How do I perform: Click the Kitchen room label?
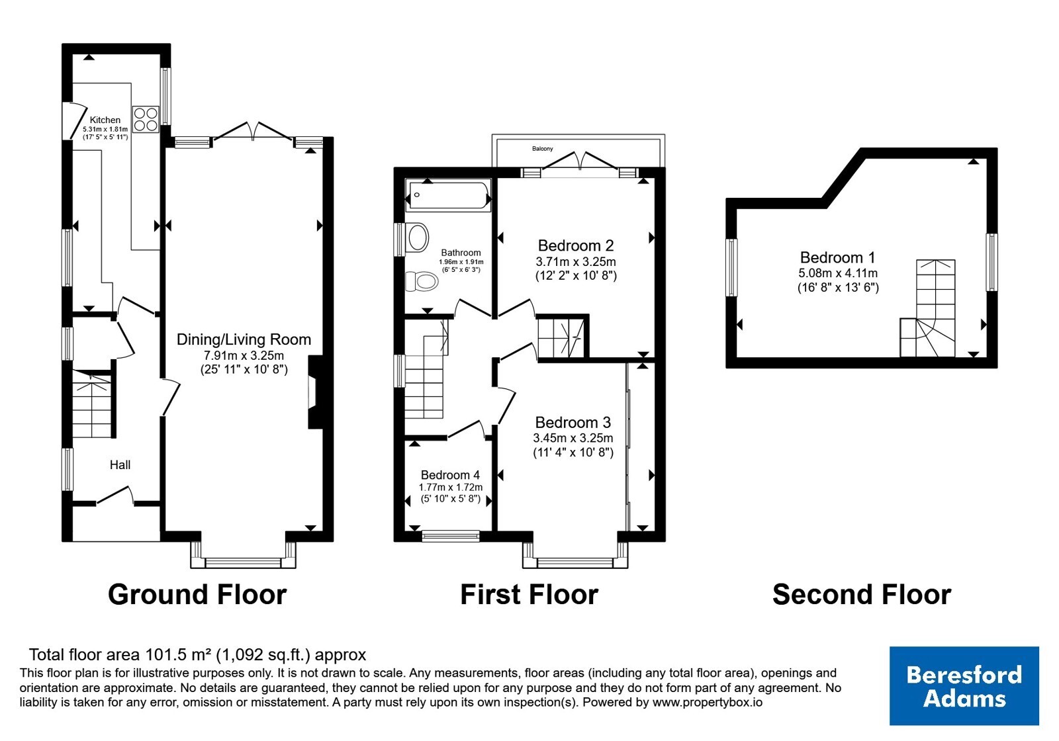pyautogui.click(x=105, y=120)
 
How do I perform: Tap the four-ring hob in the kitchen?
pyautogui.click(x=146, y=119)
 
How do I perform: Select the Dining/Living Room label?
pyautogui.click(x=244, y=339)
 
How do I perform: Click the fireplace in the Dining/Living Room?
pyautogui.click(x=315, y=392)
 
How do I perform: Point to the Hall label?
pyautogui.click(x=120, y=465)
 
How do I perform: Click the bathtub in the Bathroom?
pyautogui.click(x=448, y=195)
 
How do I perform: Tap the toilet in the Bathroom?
pyautogui.click(x=422, y=282)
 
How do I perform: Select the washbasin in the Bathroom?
pyautogui.click(x=417, y=238)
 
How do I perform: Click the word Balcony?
pyautogui.click(x=542, y=148)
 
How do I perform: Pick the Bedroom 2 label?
pyautogui.click(x=576, y=245)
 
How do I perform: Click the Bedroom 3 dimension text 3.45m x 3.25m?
pyautogui.click(x=573, y=438)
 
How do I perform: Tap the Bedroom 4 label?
pyautogui.click(x=451, y=475)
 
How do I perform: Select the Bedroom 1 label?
pyautogui.click(x=838, y=257)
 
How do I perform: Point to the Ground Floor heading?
pyautogui.click(x=197, y=595)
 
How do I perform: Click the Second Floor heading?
pyautogui.click(x=862, y=595)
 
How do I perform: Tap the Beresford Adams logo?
pyautogui.click(x=964, y=685)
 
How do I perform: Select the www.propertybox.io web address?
pyautogui.click(x=708, y=702)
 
